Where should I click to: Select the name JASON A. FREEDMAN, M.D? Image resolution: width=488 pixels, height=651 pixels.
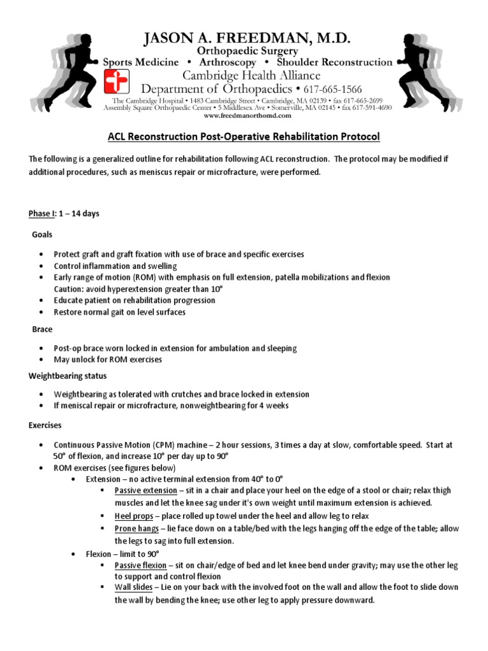[x=247, y=40]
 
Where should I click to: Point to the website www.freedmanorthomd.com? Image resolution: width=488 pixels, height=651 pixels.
[x=247, y=116]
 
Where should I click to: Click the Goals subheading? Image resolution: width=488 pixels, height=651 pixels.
[x=43, y=235]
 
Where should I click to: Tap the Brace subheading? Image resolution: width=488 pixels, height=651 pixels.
[x=42, y=330]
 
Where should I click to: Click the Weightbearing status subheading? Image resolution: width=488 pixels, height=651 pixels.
[x=67, y=376]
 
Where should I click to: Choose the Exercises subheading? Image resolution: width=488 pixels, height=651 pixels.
[x=45, y=423]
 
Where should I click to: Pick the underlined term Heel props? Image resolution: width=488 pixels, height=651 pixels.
[x=133, y=516]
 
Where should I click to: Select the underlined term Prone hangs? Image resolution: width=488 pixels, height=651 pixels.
[x=137, y=529]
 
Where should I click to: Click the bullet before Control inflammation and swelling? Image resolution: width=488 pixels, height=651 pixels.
[x=41, y=266]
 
